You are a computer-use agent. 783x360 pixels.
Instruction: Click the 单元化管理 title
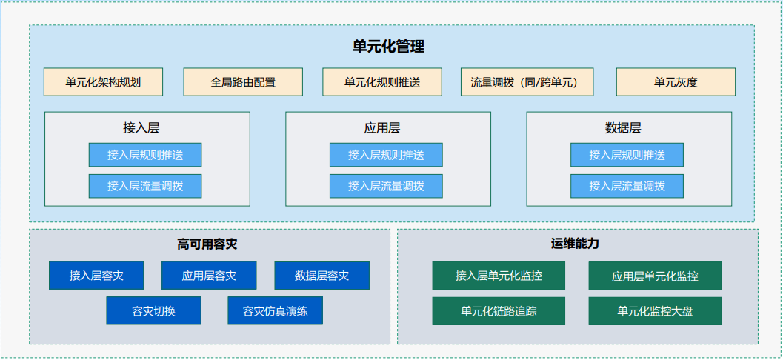[x=388, y=47]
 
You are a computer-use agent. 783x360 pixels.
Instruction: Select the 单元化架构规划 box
[x=104, y=82]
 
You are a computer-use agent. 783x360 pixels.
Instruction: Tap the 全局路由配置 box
[x=243, y=82]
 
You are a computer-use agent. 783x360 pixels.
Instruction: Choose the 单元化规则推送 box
[x=382, y=82]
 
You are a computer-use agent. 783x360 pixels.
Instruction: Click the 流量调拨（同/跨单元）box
[x=527, y=82]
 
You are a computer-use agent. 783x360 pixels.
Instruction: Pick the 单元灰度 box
[x=676, y=82]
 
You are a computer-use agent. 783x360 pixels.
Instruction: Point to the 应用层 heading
[x=382, y=128]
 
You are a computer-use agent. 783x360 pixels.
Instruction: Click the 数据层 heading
[x=623, y=128]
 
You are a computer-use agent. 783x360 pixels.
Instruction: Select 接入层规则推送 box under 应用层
[x=386, y=155]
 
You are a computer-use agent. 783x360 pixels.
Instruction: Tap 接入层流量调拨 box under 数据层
[x=627, y=186]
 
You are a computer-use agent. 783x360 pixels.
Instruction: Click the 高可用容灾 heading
[x=207, y=244]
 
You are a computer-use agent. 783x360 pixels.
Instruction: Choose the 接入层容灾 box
[x=96, y=275]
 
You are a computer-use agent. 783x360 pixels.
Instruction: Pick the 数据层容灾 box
[x=322, y=275]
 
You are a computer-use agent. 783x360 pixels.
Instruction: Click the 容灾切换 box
[x=154, y=311]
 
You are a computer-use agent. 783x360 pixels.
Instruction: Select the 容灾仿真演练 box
[x=275, y=311]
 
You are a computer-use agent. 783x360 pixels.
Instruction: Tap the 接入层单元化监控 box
[x=499, y=276]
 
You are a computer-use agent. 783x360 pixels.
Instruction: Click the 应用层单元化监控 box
[x=655, y=276]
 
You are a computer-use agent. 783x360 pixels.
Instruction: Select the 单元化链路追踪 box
[x=499, y=311]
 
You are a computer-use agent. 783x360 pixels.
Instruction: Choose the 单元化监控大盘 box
[x=655, y=311]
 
